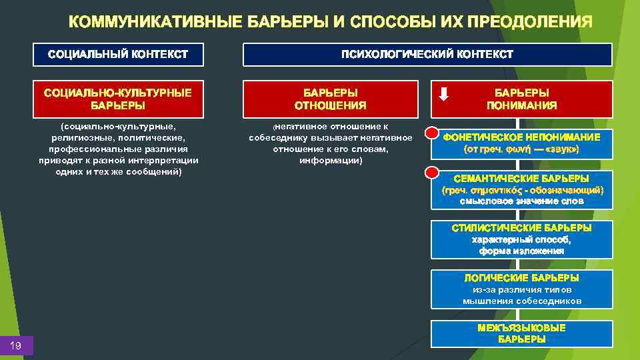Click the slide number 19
pos(16,345)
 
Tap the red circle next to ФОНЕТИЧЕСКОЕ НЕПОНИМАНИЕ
pos(431,133)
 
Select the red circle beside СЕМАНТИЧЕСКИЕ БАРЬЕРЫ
pos(431,172)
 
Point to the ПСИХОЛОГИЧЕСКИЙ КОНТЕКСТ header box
pos(427,55)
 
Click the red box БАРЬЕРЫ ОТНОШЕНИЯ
pos(331,99)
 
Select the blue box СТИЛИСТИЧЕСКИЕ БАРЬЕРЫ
pos(521,239)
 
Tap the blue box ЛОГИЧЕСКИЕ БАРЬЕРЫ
pos(521,289)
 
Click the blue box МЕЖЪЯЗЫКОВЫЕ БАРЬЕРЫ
pos(521,333)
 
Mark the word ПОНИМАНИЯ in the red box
pos(522,105)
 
